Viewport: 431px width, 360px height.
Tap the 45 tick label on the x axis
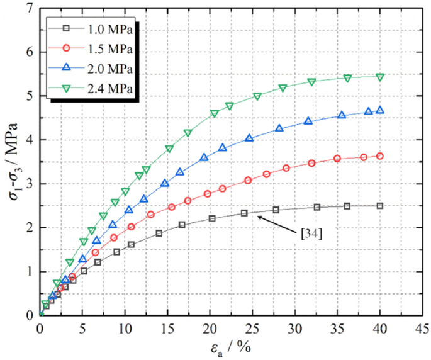pyautogui.click(x=422, y=327)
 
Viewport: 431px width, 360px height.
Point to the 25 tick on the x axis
pyautogui.click(x=252, y=327)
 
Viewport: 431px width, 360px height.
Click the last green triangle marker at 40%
pyautogui.click(x=380, y=77)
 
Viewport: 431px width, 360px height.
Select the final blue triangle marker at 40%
pyautogui.click(x=380, y=110)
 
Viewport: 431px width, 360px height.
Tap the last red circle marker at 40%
pyautogui.click(x=380, y=156)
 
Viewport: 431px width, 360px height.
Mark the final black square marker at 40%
pyautogui.click(x=380, y=206)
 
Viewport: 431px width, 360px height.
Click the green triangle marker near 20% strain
pyautogui.click(x=215, y=114)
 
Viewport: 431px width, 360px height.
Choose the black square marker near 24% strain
pyautogui.click(x=244, y=213)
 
